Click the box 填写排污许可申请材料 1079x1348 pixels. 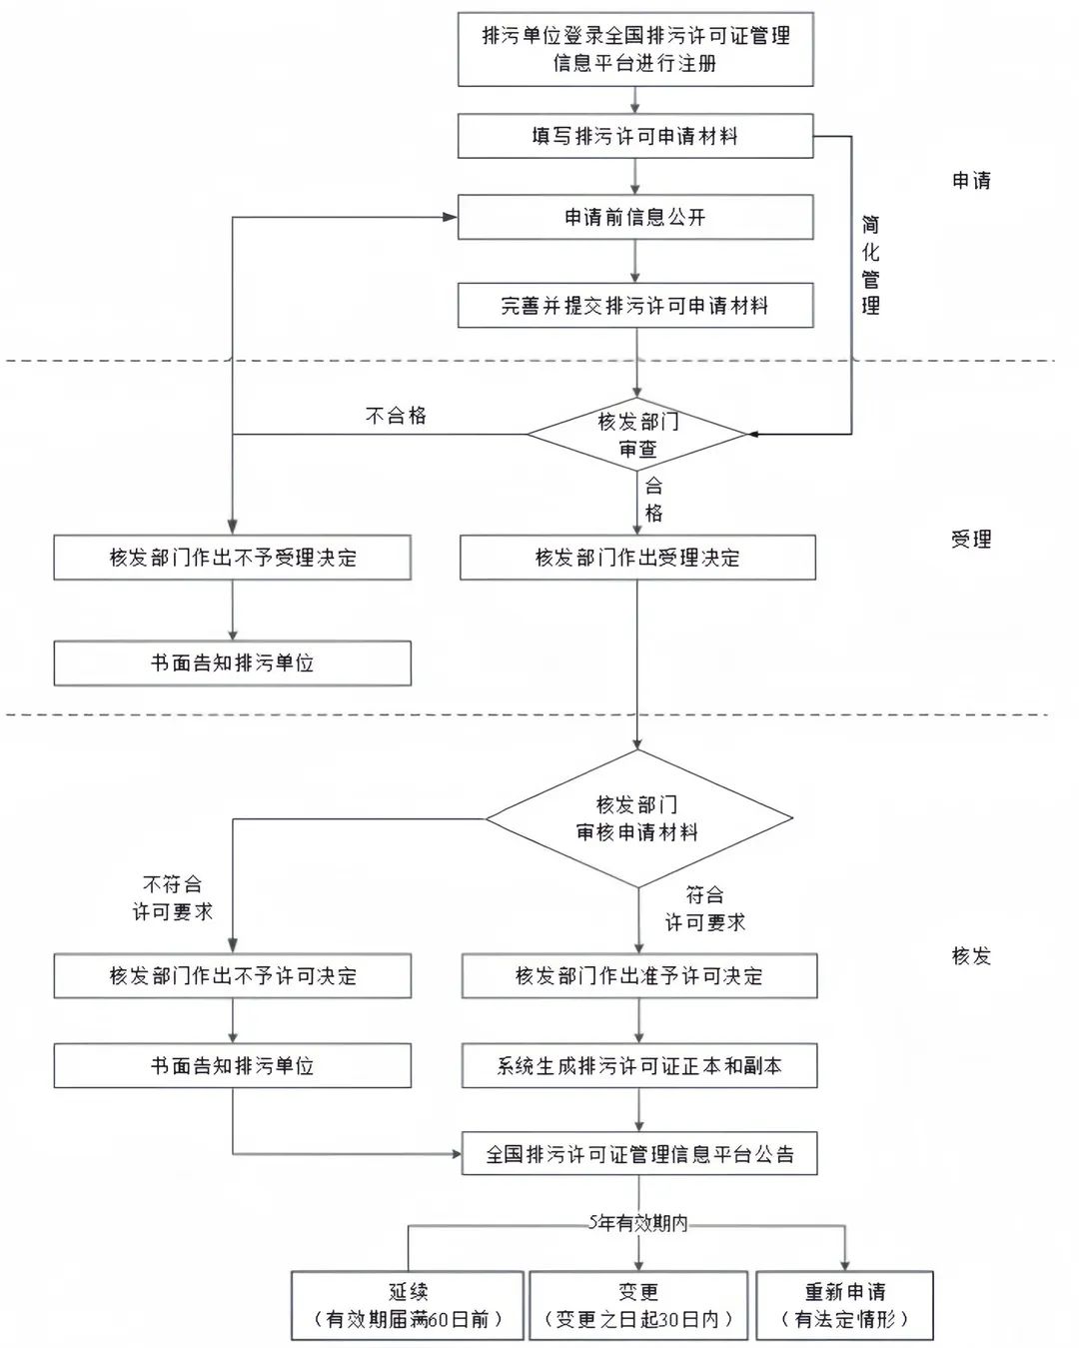tap(635, 136)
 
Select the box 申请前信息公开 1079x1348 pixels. tap(635, 218)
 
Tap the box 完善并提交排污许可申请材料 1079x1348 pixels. tap(635, 306)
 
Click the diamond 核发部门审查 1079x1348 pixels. tap(636, 434)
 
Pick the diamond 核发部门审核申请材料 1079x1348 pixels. tap(638, 818)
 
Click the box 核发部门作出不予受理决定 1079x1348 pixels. tap(233, 558)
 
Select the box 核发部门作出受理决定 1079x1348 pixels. tap(637, 558)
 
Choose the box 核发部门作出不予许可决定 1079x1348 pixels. tap(233, 975)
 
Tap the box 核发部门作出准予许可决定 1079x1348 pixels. tap(638, 975)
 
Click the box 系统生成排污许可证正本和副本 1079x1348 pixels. tap(638, 1065)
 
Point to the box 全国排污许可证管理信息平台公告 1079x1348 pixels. tap(638, 1153)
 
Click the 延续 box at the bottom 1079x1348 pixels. tap(408, 1305)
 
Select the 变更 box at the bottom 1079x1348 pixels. tap(638, 1305)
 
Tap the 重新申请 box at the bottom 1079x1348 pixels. tap(845, 1305)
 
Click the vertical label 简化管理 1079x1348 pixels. tap(870, 265)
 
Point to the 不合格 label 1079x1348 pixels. tap(396, 416)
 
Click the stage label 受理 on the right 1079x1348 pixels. tap(971, 540)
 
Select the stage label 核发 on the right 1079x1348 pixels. tap(971, 956)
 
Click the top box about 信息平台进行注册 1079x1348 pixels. tap(635, 49)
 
